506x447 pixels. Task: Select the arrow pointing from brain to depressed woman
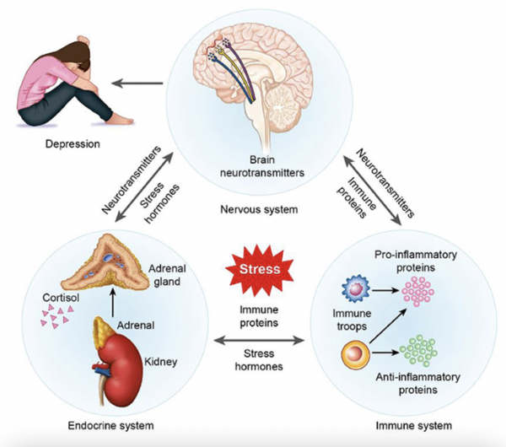[x=142, y=83]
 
